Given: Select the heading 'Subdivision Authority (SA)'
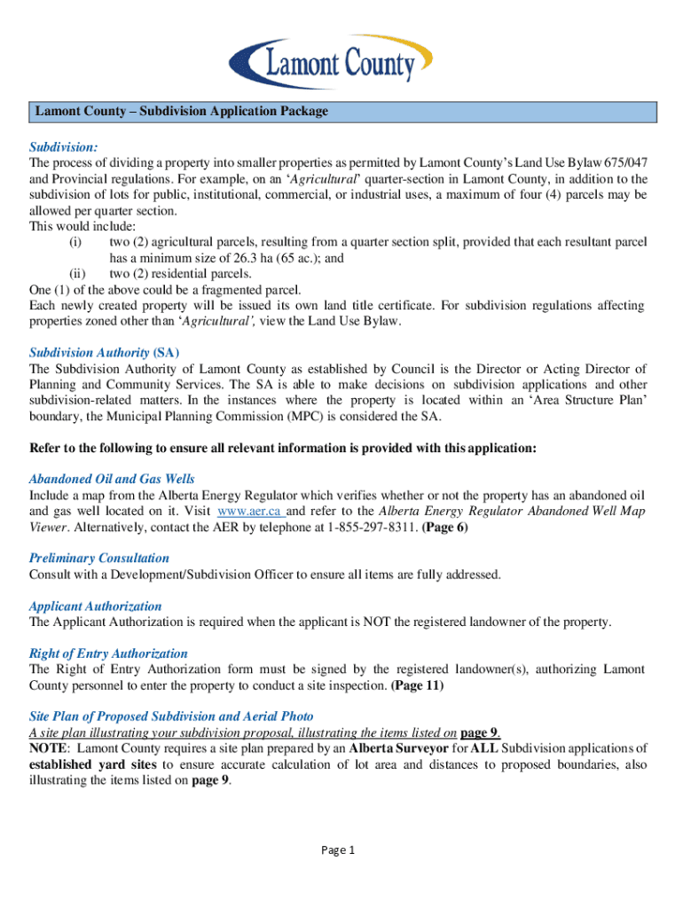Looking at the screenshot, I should [105, 352].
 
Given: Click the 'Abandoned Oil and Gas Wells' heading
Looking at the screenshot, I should [112, 479].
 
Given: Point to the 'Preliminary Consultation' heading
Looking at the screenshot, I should [98, 558].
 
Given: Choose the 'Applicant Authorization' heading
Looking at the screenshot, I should [96, 606].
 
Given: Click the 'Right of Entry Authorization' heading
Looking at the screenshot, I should [108, 654].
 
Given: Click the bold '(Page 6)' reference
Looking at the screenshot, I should [444, 528].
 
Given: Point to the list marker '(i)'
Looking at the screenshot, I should [75, 242].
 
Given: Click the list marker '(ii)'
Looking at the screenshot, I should [76, 273].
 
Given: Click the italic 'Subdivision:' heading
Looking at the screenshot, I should [63, 145].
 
